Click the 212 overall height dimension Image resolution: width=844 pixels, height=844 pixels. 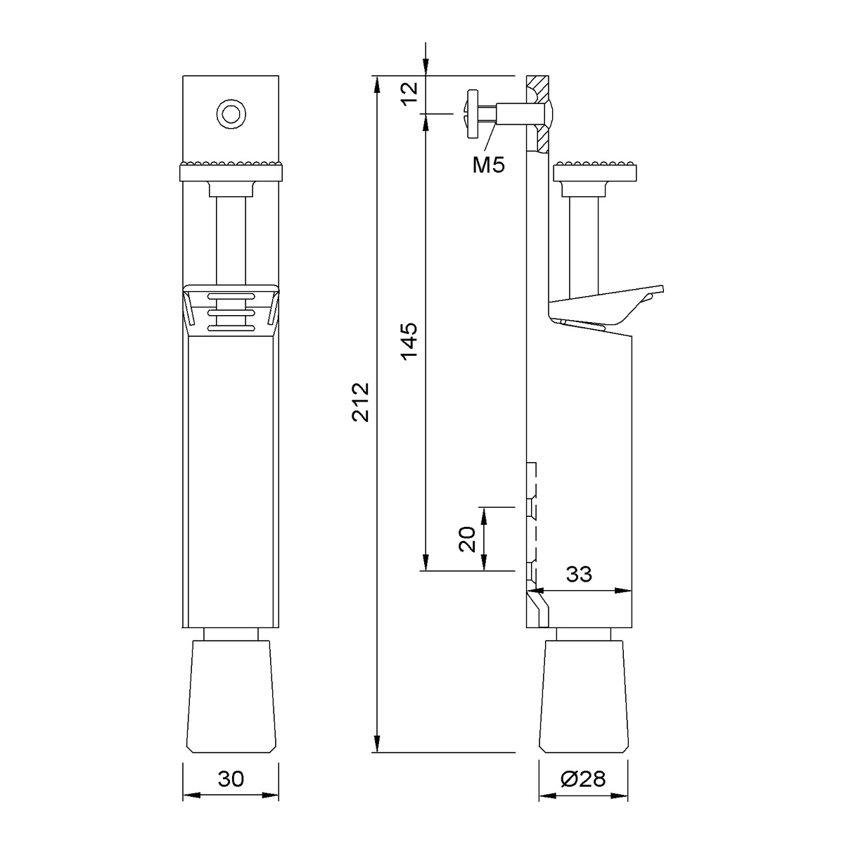361,402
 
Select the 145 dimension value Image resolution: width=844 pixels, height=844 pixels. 410,342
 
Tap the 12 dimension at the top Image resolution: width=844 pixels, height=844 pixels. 410,94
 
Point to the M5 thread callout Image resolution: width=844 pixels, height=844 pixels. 488,165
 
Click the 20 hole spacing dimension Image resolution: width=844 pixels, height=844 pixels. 467,539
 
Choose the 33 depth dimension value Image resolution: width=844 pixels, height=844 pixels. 579,574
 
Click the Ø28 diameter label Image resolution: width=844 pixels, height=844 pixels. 583,779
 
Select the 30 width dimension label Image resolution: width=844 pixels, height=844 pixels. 231,779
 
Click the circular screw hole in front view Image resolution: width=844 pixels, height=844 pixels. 231,115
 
